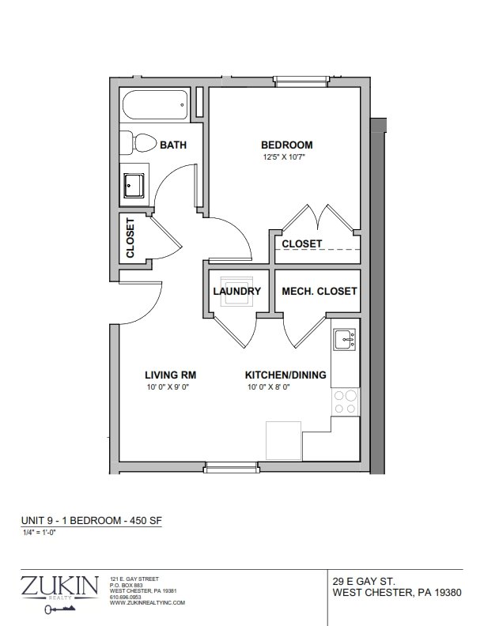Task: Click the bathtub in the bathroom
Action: click(x=155, y=105)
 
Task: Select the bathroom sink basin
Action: click(x=134, y=185)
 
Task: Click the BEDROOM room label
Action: click(x=287, y=145)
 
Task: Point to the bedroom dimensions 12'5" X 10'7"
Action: click(x=284, y=157)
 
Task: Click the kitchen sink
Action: click(x=345, y=339)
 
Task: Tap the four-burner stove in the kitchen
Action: click(x=346, y=402)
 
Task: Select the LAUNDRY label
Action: click(x=236, y=291)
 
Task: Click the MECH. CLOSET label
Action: click(x=320, y=291)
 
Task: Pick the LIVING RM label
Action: click(x=171, y=375)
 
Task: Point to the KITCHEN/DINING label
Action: click(x=285, y=375)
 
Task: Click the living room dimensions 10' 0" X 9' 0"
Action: click(x=168, y=387)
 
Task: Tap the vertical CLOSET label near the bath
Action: click(x=130, y=238)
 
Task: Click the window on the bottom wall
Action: click(x=231, y=467)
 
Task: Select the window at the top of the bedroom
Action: click(x=302, y=81)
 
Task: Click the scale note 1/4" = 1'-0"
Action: click(x=39, y=532)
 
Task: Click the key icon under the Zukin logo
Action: click(x=60, y=609)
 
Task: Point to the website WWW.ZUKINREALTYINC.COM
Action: click(x=147, y=603)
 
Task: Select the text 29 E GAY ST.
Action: click(x=364, y=581)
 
